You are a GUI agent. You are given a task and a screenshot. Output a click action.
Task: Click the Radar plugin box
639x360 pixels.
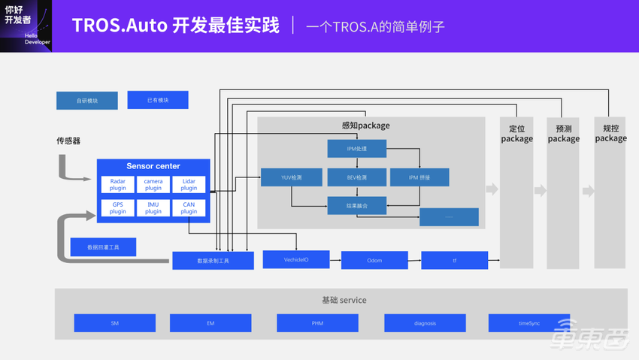click(x=118, y=185)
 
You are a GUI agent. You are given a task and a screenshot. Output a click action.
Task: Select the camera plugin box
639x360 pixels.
click(x=153, y=185)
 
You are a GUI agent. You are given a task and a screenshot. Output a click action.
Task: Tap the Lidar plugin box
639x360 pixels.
click(x=189, y=185)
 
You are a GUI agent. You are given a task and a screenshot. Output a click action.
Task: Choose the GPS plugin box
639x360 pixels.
click(x=118, y=207)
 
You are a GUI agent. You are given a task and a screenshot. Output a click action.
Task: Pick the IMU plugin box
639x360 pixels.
click(x=153, y=207)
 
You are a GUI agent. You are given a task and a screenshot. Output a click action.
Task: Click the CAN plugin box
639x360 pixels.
click(x=189, y=207)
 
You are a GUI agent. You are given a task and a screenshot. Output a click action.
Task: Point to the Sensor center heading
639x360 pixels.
click(x=153, y=166)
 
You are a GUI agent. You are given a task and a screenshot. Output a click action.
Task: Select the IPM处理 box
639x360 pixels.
click(x=356, y=149)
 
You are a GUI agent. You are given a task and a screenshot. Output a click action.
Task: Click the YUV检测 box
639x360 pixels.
click(x=291, y=177)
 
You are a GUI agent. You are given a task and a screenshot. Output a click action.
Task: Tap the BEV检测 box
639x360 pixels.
click(x=356, y=177)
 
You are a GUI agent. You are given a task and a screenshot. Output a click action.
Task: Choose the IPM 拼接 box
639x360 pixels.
click(x=419, y=177)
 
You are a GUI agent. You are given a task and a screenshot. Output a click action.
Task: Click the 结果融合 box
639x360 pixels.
click(x=356, y=205)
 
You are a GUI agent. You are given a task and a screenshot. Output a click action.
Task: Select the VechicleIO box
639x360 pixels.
click(x=296, y=260)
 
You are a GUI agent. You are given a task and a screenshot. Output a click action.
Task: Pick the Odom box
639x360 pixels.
click(x=374, y=260)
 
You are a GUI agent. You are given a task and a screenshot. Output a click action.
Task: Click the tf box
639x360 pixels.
click(x=454, y=260)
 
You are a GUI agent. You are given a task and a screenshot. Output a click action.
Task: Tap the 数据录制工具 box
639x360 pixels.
click(x=213, y=261)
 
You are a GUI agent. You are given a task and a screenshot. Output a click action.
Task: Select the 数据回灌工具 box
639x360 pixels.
click(x=103, y=247)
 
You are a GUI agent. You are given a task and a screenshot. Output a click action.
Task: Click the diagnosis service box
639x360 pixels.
click(x=425, y=323)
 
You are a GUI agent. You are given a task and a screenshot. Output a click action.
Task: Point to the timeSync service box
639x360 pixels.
click(x=528, y=323)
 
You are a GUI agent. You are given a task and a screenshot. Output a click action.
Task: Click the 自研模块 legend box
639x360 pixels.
click(x=86, y=101)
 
